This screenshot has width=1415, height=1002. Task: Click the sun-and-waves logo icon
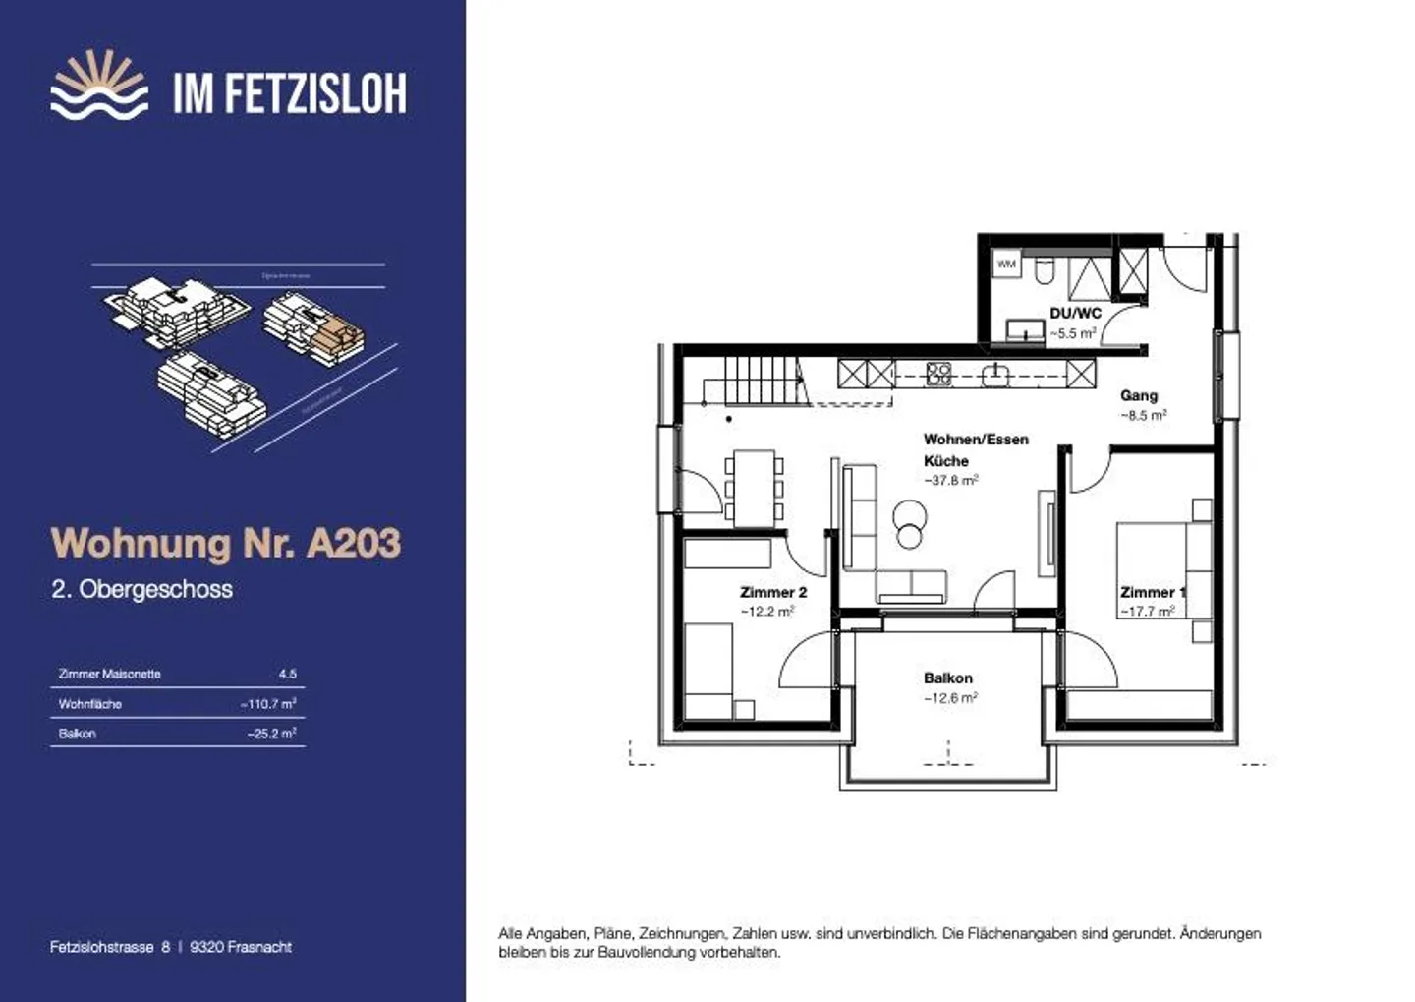coord(99,86)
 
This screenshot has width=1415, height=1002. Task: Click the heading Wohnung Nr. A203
coord(226,543)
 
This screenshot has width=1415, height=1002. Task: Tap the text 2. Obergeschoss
coord(142,589)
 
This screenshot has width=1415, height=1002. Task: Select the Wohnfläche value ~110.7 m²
coord(268,704)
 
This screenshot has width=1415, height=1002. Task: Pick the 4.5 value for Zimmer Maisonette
coord(287,674)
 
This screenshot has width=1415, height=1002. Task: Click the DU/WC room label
coord(1075,313)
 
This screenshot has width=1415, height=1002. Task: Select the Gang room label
coord(1139,395)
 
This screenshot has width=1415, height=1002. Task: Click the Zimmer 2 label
coord(773,592)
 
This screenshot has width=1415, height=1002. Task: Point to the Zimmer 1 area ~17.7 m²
coord(1147,612)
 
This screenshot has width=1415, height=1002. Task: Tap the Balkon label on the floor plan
coord(947,678)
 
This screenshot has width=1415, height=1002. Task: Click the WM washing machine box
coord(1006,264)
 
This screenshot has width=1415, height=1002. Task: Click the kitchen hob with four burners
coord(938,374)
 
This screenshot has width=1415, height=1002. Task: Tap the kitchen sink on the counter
coord(995,374)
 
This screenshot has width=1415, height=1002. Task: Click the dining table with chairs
coord(754,486)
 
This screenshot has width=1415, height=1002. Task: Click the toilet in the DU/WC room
coord(1045,270)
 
